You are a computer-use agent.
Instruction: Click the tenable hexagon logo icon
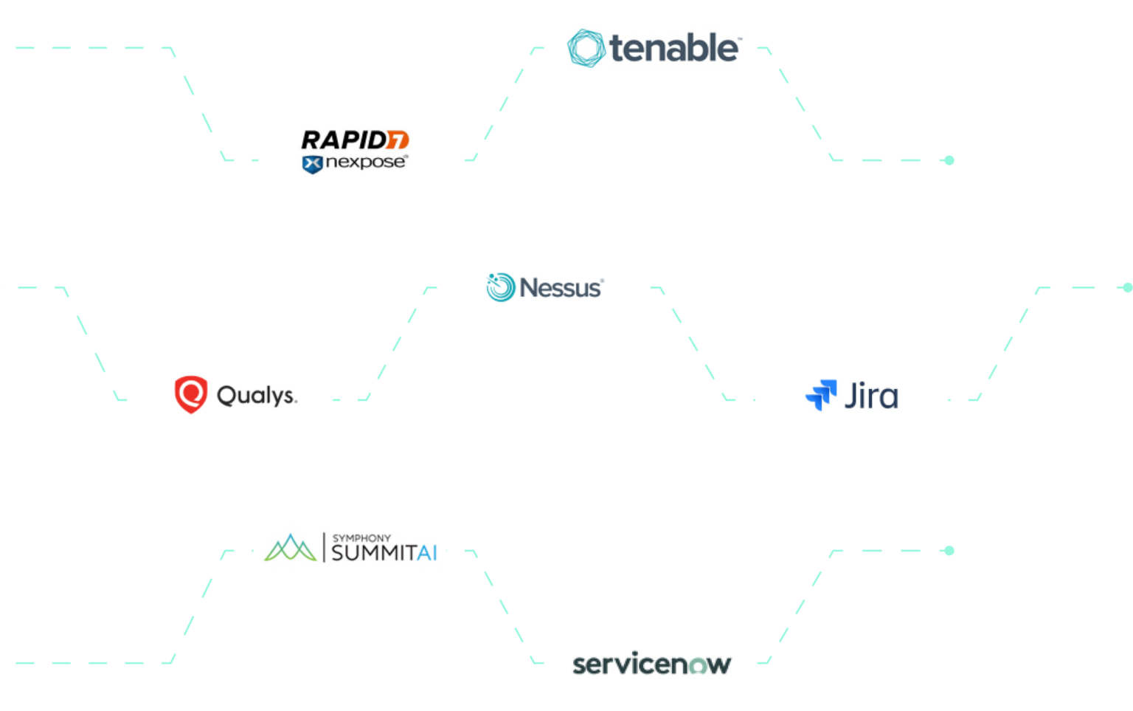coord(586,48)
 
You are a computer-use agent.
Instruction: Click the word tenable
coord(673,49)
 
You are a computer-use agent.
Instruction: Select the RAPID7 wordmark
coord(354,140)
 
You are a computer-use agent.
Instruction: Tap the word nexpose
coord(365,162)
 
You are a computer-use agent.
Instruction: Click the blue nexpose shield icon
coord(312,164)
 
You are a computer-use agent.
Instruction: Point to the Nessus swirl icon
coord(500,287)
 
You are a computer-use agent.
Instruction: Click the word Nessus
coord(561,287)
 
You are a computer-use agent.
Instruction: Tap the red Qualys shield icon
coord(190,394)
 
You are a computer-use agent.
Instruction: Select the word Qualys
coord(256,396)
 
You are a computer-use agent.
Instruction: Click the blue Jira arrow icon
coord(821,395)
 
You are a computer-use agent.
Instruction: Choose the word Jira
coord(871,396)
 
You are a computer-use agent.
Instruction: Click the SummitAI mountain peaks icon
coord(290,548)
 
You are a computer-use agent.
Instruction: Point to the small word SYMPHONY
coord(361,538)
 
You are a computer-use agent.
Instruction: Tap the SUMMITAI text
coord(384,553)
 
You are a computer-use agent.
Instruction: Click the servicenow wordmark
coord(651,664)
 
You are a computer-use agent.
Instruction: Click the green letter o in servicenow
coord(698,665)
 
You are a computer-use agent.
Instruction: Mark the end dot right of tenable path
coord(949,160)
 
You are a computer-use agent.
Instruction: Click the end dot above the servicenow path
coord(949,551)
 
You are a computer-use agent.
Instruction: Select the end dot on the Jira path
coord(1127,287)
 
